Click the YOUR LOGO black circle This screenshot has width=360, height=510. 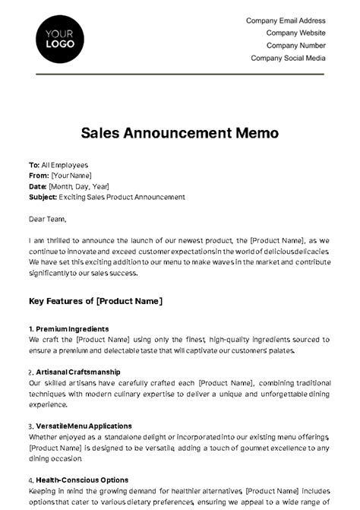point(60,40)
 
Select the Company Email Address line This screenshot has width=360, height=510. point(286,21)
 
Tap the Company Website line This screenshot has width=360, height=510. point(295,33)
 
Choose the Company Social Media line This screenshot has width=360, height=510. point(288,58)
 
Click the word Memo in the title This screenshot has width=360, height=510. point(258,133)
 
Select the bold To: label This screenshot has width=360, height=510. point(33,164)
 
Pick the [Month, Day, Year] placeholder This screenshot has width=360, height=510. point(79,185)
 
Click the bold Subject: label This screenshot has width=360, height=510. point(43,197)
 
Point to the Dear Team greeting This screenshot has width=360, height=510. point(47,218)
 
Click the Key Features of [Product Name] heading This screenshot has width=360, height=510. point(96,301)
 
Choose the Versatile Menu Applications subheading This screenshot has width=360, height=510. point(84,426)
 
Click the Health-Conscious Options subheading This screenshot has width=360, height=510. point(81,480)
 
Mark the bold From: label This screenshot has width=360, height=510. point(38,175)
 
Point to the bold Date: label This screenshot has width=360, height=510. point(37,185)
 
